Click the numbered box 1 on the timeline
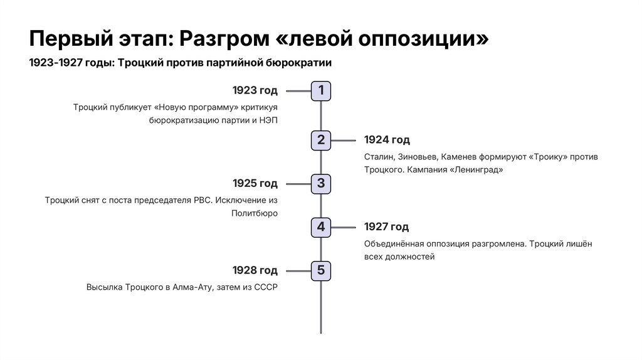point(321,91)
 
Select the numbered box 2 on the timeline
point(321,140)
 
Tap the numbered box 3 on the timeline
point(321,184)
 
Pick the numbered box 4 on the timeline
point(321,227)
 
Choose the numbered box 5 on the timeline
point(321,271)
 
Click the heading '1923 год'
point(255,91)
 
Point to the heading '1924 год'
point(387,140)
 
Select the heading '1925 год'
point(255,184)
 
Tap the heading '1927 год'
point(387,227)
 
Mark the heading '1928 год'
point(255,271)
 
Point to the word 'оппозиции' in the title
point(423,39)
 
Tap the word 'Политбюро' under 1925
point(254,213)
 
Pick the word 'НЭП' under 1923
point(268,120)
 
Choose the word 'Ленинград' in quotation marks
point(477,170)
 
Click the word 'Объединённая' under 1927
point(394,243)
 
